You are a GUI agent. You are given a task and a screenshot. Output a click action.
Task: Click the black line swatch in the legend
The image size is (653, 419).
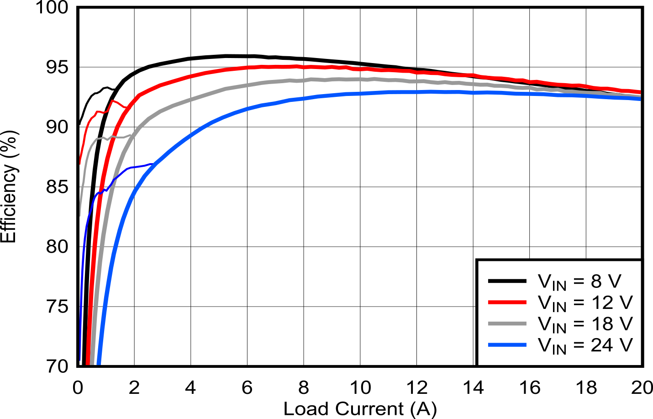507,281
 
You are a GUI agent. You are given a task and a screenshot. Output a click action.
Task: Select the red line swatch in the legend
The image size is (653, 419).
507,302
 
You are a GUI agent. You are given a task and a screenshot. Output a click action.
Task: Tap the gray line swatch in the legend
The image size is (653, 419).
507,324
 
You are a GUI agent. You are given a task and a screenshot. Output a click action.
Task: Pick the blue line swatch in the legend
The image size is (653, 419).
507,345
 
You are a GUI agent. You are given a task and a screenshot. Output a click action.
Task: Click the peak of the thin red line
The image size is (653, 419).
112,100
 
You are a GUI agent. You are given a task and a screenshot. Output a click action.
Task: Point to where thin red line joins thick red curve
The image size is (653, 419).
127,107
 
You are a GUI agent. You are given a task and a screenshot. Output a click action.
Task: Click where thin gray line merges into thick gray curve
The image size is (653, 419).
133,134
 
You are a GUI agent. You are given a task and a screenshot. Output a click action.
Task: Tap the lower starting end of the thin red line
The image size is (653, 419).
80,164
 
